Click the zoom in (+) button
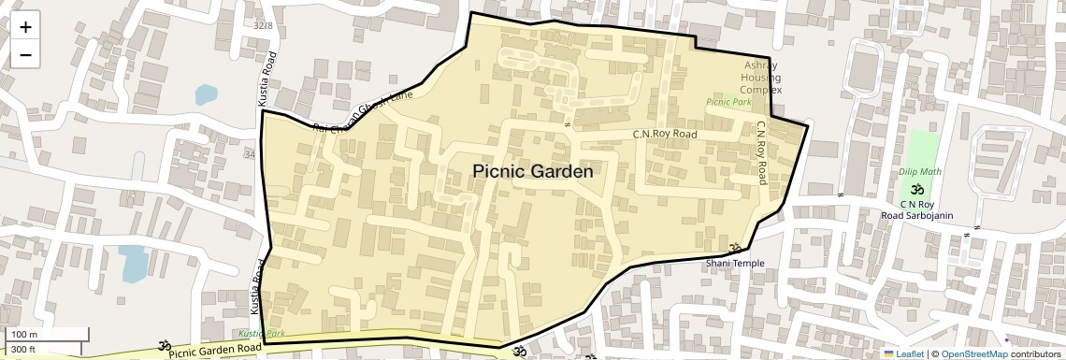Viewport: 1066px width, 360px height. [25, 27]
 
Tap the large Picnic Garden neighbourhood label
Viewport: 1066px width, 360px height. [532, 172]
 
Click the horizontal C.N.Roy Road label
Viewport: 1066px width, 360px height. [665, 135]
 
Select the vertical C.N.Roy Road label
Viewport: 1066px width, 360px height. [762, 152]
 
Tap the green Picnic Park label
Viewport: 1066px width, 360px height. [728, 101]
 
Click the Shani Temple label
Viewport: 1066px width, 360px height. [735, 263]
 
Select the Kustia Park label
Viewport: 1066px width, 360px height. [261, 334]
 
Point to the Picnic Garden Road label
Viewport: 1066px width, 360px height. [215, 351]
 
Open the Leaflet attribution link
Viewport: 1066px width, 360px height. [904, 353]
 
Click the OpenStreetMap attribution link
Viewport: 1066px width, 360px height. [974, 353]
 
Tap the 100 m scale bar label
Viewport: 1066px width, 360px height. [24, 335]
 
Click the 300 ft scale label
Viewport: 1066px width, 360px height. [23, 350]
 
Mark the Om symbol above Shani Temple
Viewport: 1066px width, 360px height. [734, 250]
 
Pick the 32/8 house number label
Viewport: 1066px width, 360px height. [263, 25]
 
